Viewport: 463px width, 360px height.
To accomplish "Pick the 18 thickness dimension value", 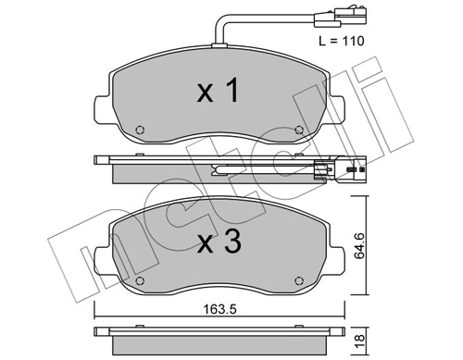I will tap(357, 341).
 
